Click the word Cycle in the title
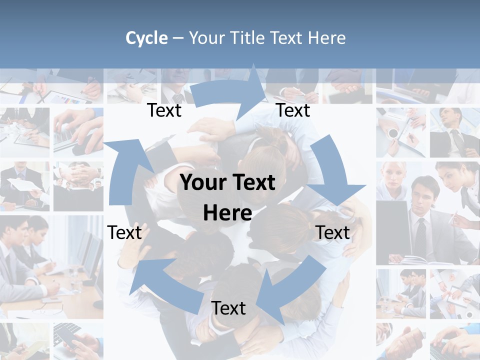pos(146,38)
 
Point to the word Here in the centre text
pos(227,213)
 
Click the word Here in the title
pos(326,38)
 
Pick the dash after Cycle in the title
pos(178,38)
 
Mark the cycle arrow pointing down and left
pos(290,290)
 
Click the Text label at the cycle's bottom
pos(228,308)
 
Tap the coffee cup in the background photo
pos(393,133)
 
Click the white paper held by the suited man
pos(20,185)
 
